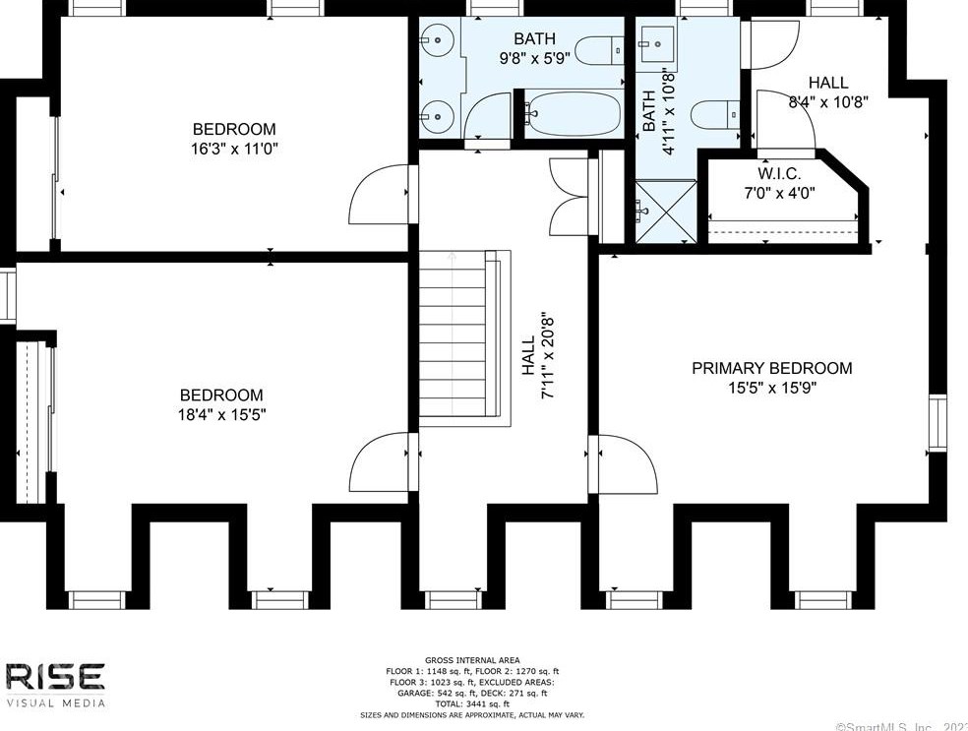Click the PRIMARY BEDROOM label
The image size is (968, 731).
click(x=771, y=368)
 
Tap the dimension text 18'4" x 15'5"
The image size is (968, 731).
click(x=213, y=414)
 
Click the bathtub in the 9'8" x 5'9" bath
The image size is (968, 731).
click(x=573, y=115)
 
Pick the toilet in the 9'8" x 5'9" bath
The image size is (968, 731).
click(x=597, y=47)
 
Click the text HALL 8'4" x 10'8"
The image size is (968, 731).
click(x=828, y=91)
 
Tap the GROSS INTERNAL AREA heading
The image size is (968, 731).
click(x=472, y=659)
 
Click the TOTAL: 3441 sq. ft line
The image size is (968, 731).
click(x=472, y=703)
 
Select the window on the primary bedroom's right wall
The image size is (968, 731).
click(x=937, y=423)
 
